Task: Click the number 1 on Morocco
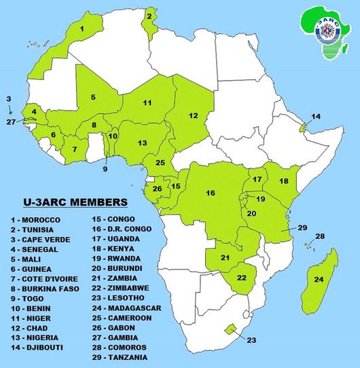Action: pyautogui.click(x=82, y=29)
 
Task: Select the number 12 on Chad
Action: pyautogui.click(x=194, y=115)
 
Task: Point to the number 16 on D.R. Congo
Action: pyautogui.click(x=211, y=194)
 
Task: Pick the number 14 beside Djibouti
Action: pyautogui.click(x=315, y=117)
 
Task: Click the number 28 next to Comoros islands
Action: pyautogui.click(x=321, y=236)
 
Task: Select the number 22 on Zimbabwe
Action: pyautogui.click(x=241, y=278)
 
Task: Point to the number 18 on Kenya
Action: pyautogui.click(x=284, y=181)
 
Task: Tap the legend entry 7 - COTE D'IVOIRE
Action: pyautogui.click(x=44, y=278)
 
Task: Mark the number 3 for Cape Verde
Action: pyautogui.click(x=9, y=99)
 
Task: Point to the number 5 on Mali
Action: pyautogui.click(x=94, y=97)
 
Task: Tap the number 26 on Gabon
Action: pyautogui.click(x=157, y=189)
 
